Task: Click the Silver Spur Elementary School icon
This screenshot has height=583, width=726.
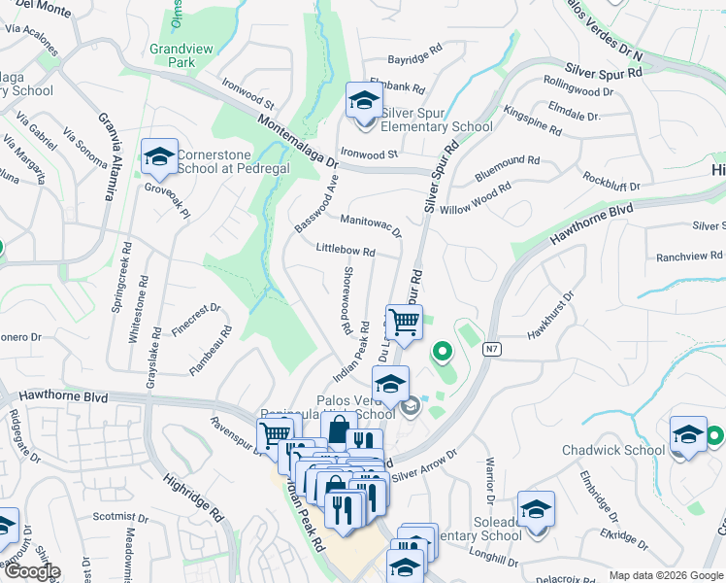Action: [365, 100]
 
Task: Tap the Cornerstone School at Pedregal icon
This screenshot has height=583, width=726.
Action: [159, 156]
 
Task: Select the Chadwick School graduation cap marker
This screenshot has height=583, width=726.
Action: [688, 434]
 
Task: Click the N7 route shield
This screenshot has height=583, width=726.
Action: [493, 349]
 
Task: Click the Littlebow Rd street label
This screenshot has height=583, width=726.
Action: [346, 250]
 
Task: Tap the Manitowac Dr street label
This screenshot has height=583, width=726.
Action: [370, 225]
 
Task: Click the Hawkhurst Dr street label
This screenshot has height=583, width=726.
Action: [551, 318]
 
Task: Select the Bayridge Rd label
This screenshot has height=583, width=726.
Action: [414, 58]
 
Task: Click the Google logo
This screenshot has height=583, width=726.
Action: [31, 572]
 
